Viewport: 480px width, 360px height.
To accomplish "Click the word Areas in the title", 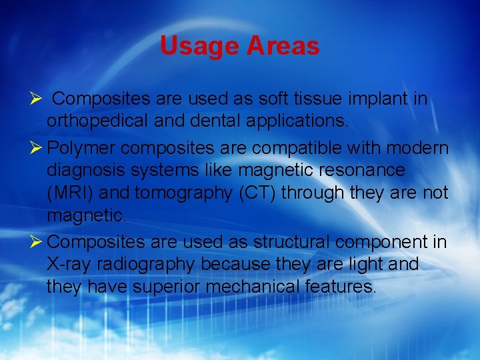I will click(283, 46).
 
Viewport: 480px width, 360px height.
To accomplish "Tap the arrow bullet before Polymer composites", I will click(37, 147).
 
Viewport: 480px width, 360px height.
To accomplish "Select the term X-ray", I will click(69, 264).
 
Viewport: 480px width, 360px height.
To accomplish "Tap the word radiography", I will click(146, 264).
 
